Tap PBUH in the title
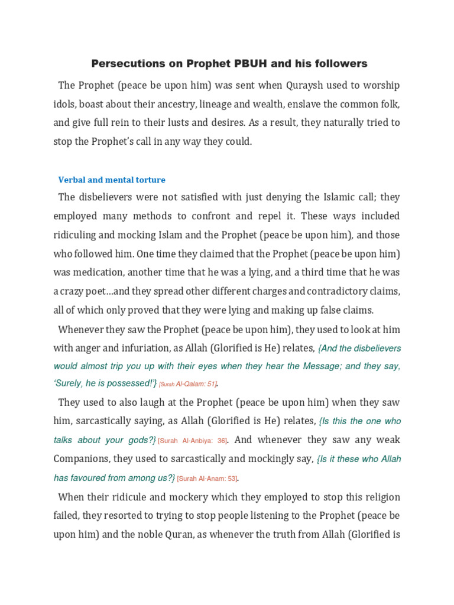[x=261, y=63]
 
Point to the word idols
[x=65, y=104]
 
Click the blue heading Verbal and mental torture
[x=112, y=180]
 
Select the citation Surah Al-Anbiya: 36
[x=193, y=441]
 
